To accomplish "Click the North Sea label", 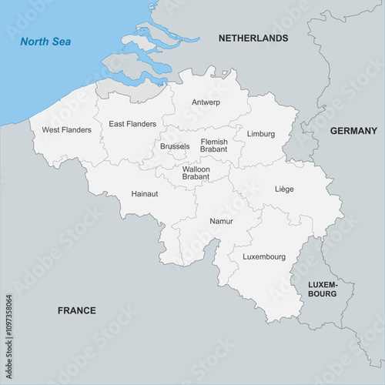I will pyautogui.click(x=45, y=42).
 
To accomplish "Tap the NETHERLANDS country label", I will pyautogui.click(x=253, y=38).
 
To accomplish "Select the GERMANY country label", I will pyautogui.click(x=353, y=131).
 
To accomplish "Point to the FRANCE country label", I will pyautogui.click(x=77, y=310).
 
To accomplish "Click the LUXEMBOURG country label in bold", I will pyautogui.click(x=323, y=289).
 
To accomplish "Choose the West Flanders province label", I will pyautogui.click(x=66, y=129).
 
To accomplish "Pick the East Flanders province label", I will pyautogui.click(x=132, y=123).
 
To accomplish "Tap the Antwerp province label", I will pyautogui.click(x=206, y=102).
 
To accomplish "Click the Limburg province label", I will pyautogui.click(x=261, y=134).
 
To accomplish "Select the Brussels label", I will pyautogui.click(x=175, y=146).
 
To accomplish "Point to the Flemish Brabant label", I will pyautogui.click(x=214, y=146).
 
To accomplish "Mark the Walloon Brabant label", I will pyautogui.click(x=196, y=172).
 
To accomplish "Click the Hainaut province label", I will pyautogui.click(x=145, y=193).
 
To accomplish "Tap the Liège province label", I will pyautogui.click(x=284, y=189).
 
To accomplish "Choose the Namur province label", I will pyautogui.click(x=221, y=221).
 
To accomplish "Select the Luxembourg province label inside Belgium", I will pyautogui.click(x=264, y=256).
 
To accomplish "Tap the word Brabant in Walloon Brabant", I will pyautogui.click(x=196, y=177).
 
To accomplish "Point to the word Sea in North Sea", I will pyautogui.click(x=61, y=42).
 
